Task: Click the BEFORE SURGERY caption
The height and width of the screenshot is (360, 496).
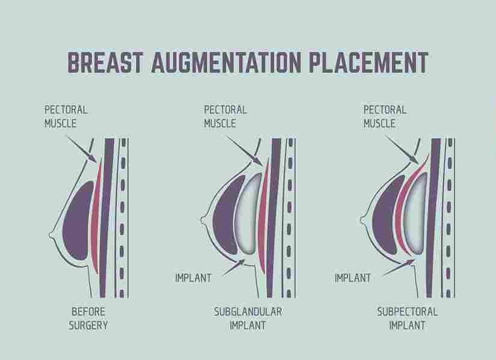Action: (90, 319)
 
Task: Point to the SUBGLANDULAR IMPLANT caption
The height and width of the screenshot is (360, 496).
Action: (248, 319)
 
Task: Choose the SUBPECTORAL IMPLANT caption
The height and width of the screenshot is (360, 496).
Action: (407, 319)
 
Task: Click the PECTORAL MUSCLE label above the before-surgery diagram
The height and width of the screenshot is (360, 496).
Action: (66, 117)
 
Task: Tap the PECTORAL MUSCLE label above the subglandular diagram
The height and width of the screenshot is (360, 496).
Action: (225, 117)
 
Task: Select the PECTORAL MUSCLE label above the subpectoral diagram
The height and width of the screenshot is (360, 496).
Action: (385, 117)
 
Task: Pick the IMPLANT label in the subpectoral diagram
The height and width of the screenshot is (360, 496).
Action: (352, 278)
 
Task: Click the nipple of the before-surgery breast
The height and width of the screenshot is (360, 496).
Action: (52, 236)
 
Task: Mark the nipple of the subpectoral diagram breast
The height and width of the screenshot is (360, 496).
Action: (364, 216)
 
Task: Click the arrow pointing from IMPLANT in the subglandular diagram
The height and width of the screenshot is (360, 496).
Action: (231, 268)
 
